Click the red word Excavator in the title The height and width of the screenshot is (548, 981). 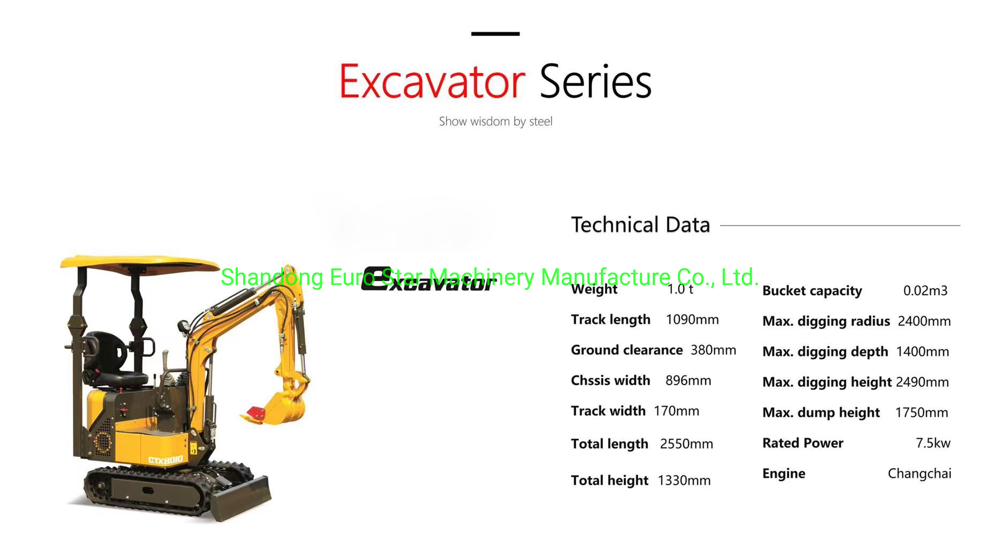(x=432, y=81)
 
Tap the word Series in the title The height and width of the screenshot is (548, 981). (x=595, y=81)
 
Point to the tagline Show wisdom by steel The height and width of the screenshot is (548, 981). (x=495, y=122)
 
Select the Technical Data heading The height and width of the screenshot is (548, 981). (x=640, y=224)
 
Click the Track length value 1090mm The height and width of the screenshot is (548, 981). (x=692, y=320)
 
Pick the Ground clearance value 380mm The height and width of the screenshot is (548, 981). (x=713, y=350)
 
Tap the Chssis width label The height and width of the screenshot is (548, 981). (x=610, y=380)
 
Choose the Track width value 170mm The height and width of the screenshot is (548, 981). (x=676, y=411)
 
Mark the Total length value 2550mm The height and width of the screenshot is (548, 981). (x=686, y=444)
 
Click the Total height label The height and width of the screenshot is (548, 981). (x=609, y=481)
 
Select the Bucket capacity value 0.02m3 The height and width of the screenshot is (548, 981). (x=925, y=290)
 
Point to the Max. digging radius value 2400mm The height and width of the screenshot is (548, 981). (x=924, y=321)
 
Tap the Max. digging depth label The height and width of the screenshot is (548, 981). (x=825, y=352)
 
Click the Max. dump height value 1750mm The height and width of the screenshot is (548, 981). (x=922, y=412)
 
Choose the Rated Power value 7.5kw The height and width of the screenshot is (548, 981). (x=933, y=443)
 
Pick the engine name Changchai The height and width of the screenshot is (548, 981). (x=919, y=474)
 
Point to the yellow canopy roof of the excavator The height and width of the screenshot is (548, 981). (x=139, y=263)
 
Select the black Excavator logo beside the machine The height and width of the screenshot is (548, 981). (x=427, y=280)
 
